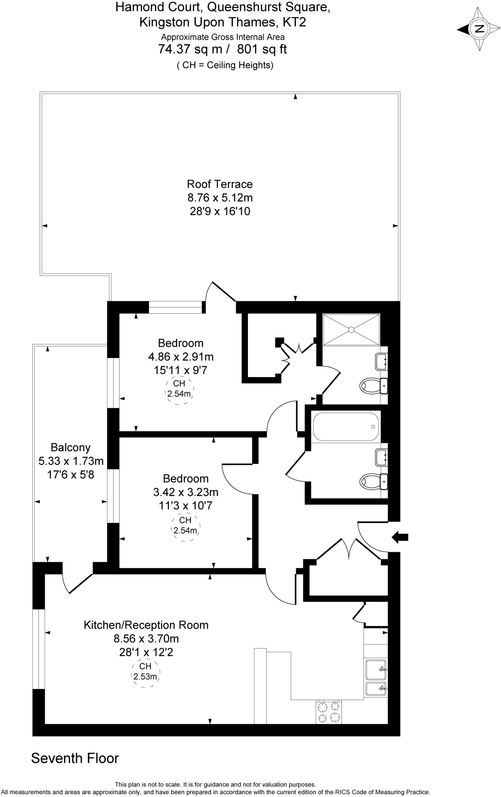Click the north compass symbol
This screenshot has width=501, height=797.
click(479, 29)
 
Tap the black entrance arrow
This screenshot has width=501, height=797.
click(400, 538)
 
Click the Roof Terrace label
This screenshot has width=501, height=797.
click(220, 184)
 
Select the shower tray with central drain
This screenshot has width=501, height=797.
click(351, 330)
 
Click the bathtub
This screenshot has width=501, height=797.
click(346, 427)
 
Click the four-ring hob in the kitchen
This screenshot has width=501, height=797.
click(329, 712)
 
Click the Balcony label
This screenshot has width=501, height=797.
click(70, 448)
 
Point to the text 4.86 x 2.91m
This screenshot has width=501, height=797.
click(181, 356)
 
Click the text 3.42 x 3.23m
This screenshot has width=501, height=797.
click(186, 492)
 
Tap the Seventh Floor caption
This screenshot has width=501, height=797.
click(75, 758)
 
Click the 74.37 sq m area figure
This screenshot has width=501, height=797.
click(190, 49)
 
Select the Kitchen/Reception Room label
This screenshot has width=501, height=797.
click(146, 625)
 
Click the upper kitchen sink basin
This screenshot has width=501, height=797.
click(376, 669)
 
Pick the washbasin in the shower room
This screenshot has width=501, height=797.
click(381, 362)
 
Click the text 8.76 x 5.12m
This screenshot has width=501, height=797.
click(220, 198)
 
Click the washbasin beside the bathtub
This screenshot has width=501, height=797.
click(381, 457)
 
